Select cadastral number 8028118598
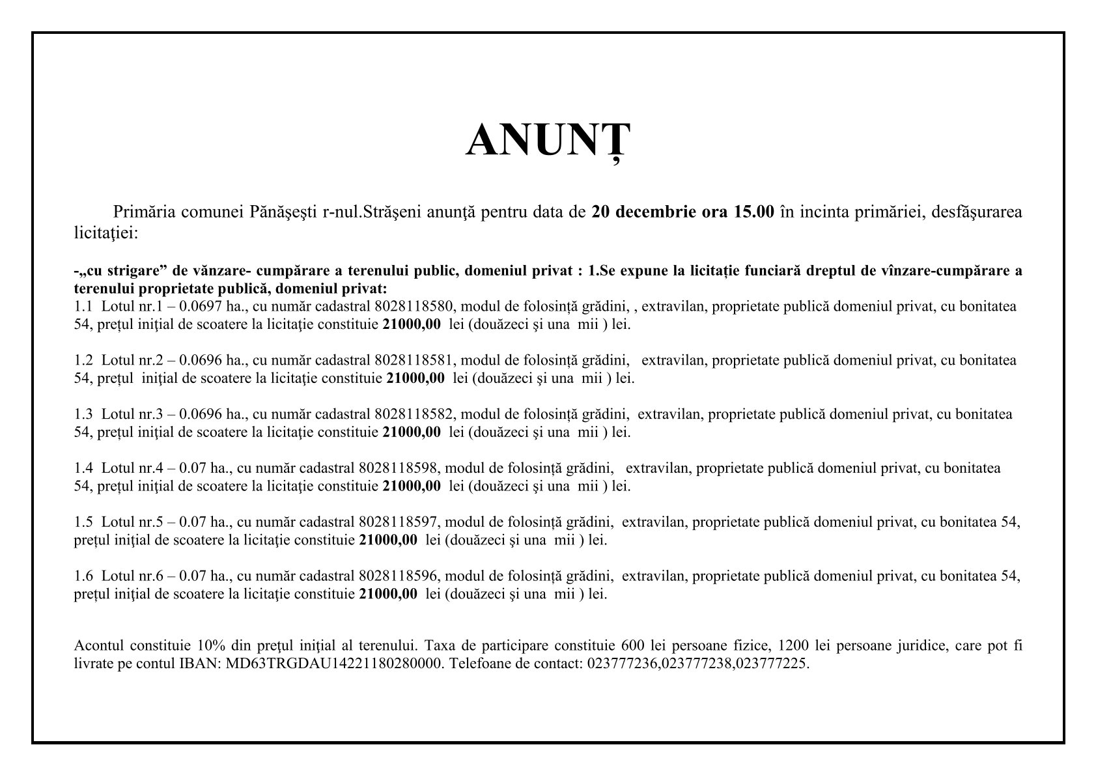click(398, 468)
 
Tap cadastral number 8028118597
click(398, 522)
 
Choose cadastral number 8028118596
click(398, 576)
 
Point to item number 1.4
click(84, 468)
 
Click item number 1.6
click(84, 576)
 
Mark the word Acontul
click(98, 646)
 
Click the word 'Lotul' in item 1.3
click(116, 414)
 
